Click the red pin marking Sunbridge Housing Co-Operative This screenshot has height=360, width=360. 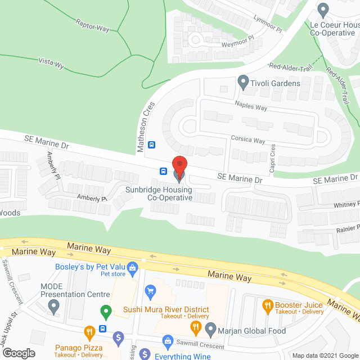179,166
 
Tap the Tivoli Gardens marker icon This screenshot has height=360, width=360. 243,83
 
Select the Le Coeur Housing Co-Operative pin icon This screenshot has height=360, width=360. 323,10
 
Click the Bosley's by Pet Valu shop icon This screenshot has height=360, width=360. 133,267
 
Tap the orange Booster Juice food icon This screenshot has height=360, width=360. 267,307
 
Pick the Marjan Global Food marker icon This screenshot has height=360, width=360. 210,327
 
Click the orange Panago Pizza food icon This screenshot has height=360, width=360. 88,332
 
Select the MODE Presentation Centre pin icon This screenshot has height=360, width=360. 53,307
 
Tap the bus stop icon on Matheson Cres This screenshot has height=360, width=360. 151,144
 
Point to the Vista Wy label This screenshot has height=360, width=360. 50,64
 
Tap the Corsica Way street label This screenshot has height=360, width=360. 247,140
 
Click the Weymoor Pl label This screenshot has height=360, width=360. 234,36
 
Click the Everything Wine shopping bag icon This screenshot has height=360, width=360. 168,341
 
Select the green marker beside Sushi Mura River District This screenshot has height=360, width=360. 105,310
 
